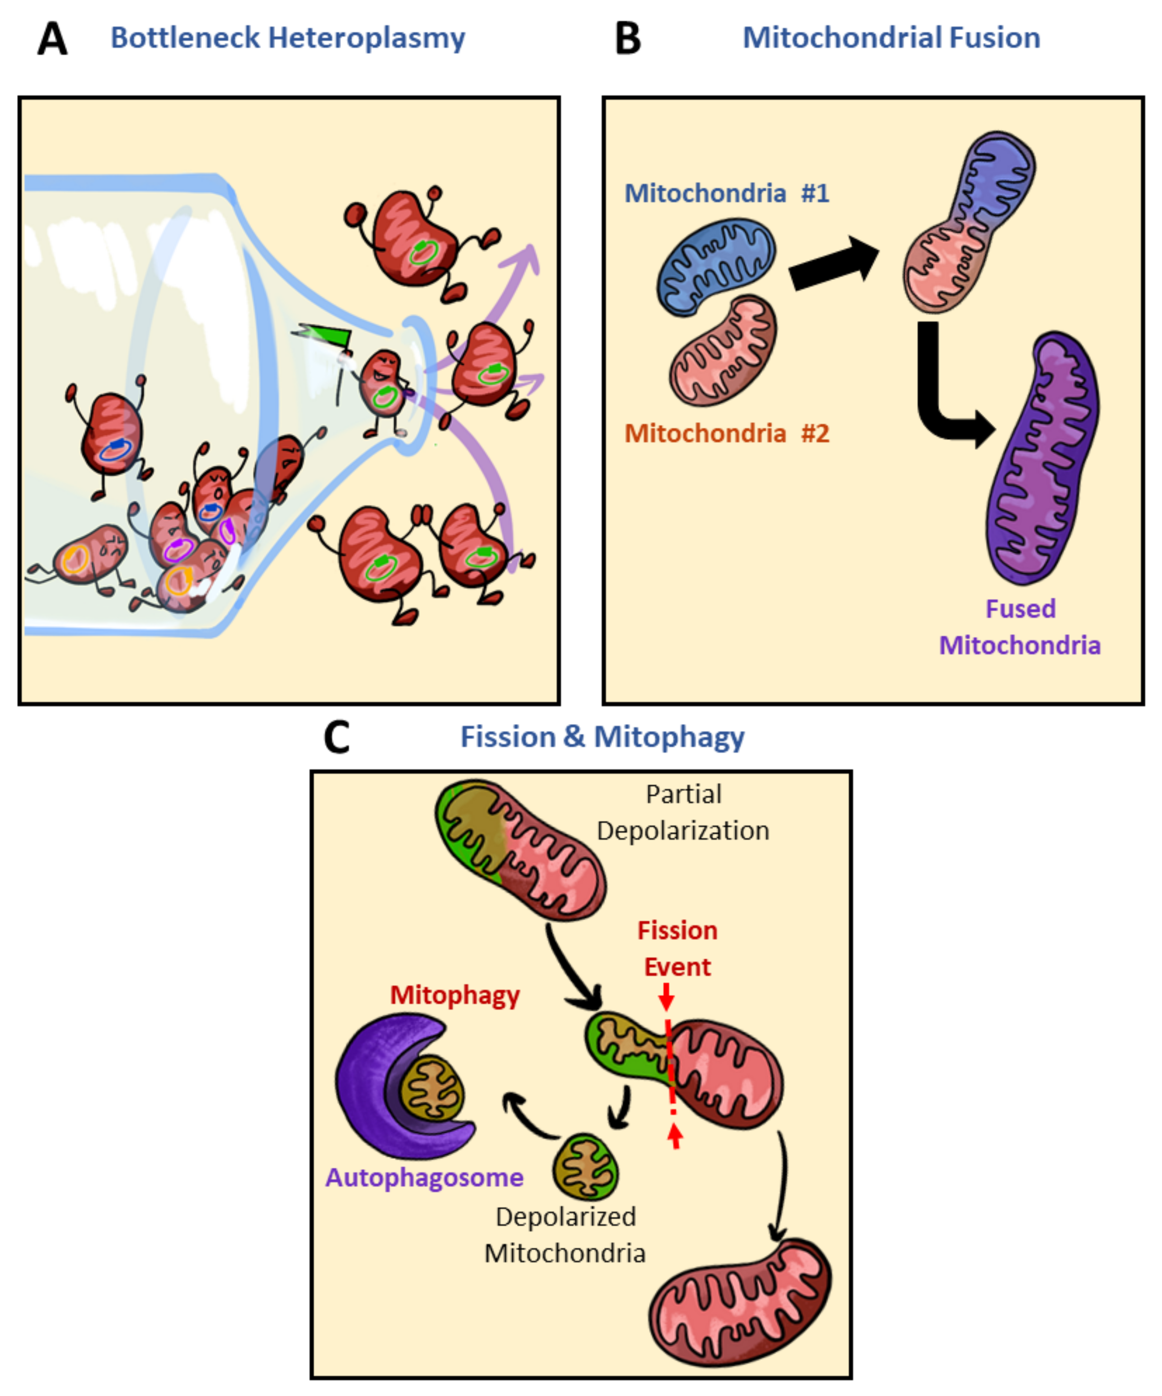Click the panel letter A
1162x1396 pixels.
tap(52, 39)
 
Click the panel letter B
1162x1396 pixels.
tap(628, 39)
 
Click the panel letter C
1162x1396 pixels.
tap(336, 737)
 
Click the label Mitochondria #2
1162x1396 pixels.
tap(727, 434)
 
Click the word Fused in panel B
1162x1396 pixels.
tap(1020, 609)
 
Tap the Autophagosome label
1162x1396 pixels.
tap(424, 1177)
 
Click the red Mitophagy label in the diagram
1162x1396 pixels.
tap(455, 995)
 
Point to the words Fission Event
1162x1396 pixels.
tap(677, 949)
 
